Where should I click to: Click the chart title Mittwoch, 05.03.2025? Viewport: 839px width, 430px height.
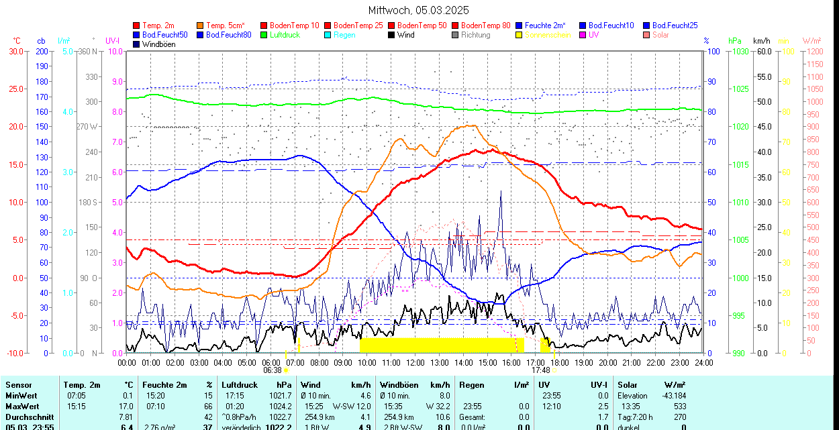(x=419, y=10)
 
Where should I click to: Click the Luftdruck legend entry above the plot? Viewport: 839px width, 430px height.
(x=285, y=35)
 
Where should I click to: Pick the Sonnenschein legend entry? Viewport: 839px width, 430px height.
(x=548, y=35)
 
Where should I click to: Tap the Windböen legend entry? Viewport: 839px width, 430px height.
(x=158, y=44)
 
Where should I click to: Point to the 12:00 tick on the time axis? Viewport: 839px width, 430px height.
(x=415, y=362)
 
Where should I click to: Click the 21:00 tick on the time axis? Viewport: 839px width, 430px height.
(x=632, y=362)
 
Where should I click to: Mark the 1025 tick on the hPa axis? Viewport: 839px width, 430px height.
(x=740, y=89)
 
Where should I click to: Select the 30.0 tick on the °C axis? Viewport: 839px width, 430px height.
(x=15, y=51)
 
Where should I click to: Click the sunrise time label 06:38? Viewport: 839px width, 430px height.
(x=272, y=370)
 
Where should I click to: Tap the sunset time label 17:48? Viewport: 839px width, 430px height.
(x=540, y=370)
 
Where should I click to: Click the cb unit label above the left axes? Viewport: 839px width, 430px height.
(x=42, y=41)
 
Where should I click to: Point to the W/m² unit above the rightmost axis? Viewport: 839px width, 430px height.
(x=812, y=41)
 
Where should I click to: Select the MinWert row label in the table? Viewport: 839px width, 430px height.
(x=22, y=396)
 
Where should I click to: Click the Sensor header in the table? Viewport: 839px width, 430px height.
(x=18, y=385)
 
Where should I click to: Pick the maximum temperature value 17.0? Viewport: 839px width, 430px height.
(x=126, y=406)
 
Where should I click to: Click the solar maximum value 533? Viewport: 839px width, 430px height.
(x=680, y=406)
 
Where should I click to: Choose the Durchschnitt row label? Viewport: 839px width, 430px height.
(x=28, y=417)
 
